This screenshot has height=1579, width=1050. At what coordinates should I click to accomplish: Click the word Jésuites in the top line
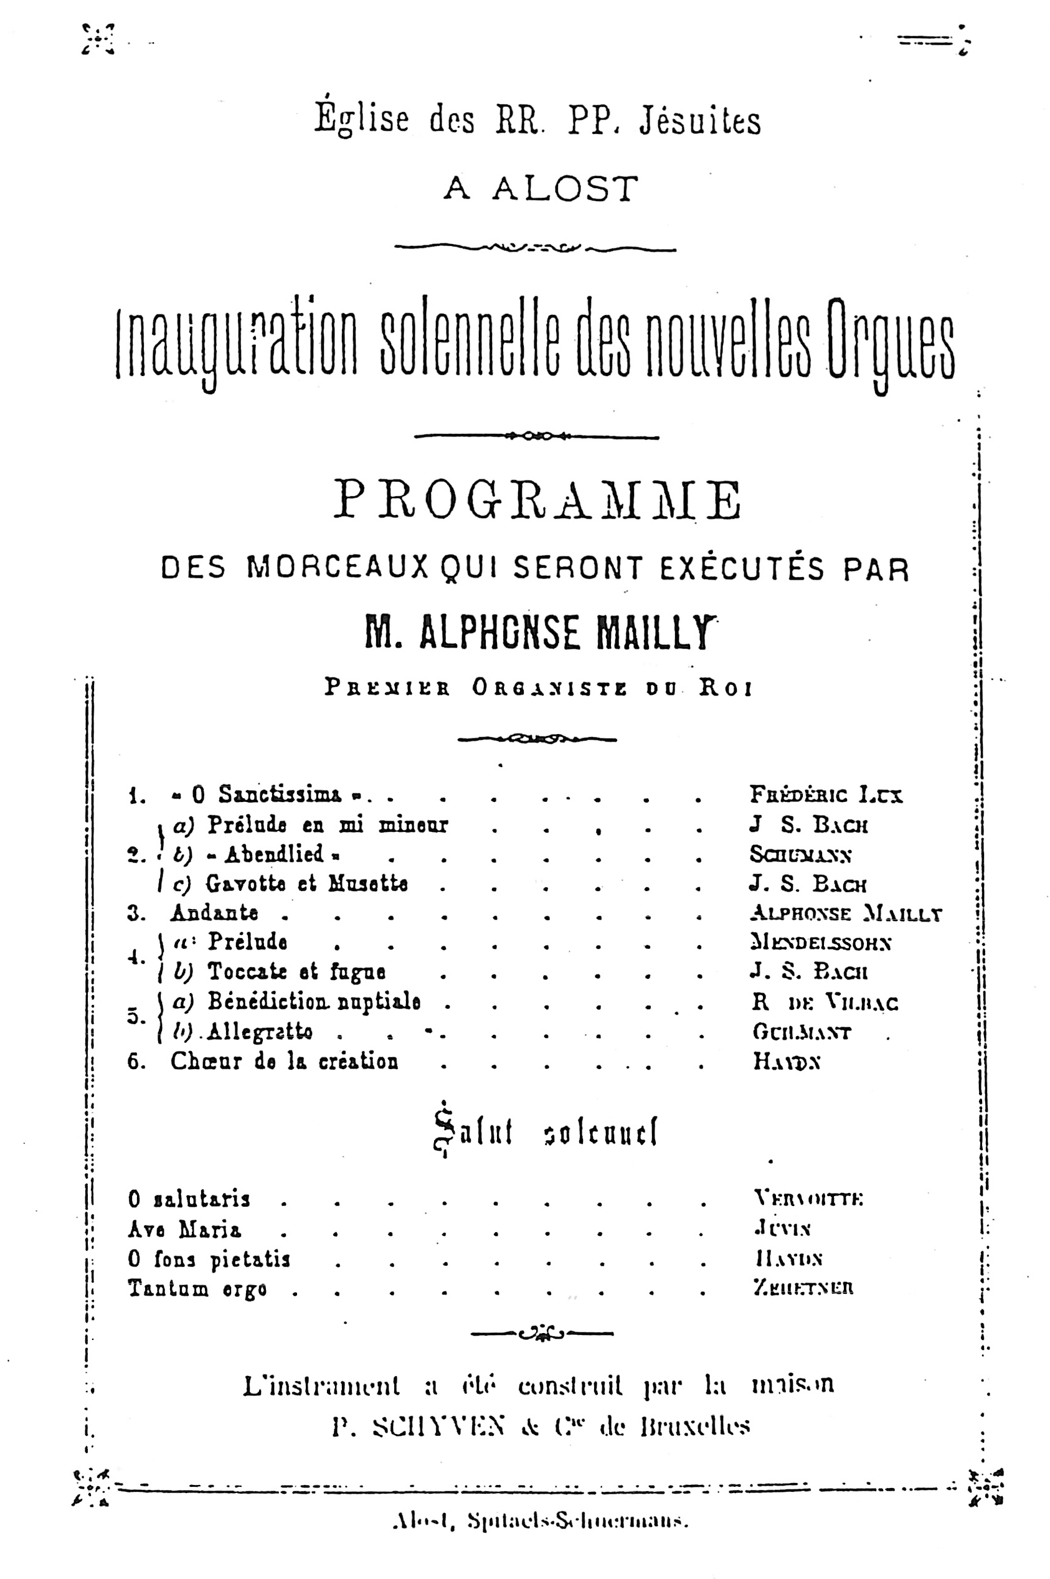[700, 121]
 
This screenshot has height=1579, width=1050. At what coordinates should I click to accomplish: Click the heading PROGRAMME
[537, 500]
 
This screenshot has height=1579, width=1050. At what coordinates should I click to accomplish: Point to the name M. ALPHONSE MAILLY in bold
[539, 633]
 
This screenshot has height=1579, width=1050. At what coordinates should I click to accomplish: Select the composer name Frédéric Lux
[826, 794]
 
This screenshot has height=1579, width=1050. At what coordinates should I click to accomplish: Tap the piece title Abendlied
[275, 854]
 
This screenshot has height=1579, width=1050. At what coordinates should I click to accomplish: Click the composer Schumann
[800, 854]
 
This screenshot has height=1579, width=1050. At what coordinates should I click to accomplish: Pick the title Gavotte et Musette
[306, 884]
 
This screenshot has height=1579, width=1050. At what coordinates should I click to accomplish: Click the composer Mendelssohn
[821, 943]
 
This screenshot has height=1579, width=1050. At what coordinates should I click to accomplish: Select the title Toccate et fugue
[296, 971]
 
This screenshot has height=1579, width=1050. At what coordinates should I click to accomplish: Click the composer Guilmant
[801, 1032]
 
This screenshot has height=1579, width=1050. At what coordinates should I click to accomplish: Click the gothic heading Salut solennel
[545, 1132]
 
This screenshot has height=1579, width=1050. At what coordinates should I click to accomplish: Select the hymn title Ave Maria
[184, 1229]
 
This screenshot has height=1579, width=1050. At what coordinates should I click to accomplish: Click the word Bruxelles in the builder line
[694, 1426]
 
